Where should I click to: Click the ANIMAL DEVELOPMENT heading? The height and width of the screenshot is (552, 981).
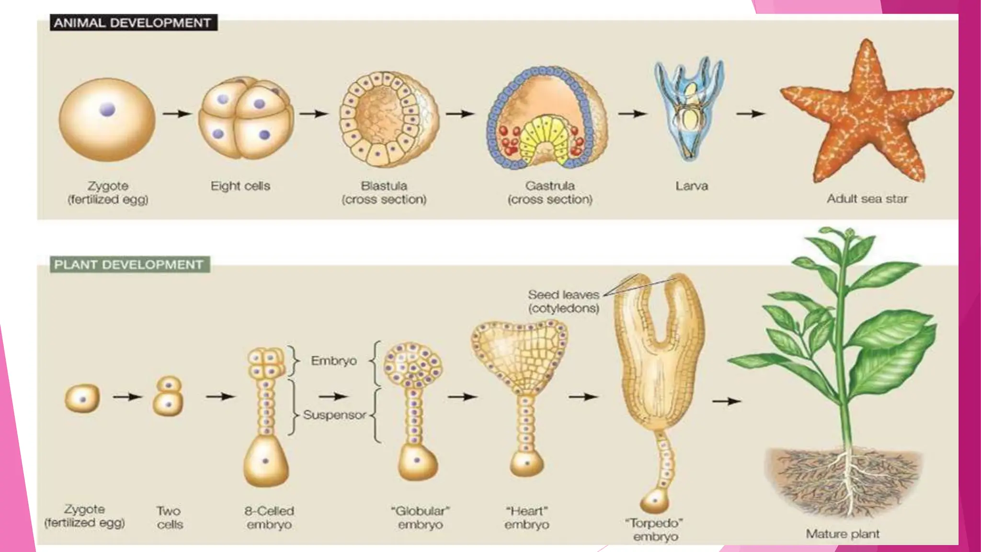point(133,23)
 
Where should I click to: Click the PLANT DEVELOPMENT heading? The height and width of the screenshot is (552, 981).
point(128,264)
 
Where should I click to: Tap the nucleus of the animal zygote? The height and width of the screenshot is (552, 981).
point(107,110)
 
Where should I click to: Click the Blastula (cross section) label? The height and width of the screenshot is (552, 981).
point(384,193)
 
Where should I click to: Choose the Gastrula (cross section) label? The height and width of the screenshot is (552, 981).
point(550,193)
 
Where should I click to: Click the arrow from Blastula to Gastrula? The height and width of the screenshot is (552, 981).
point(460,114)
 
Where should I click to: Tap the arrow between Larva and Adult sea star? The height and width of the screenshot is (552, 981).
point(751,114)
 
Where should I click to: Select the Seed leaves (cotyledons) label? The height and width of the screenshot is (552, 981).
point(564,301)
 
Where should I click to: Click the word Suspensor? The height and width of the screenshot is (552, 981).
point(334,415)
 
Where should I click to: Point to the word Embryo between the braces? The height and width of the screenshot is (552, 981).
point(334,360)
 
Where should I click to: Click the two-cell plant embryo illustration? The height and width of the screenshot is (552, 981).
point(168,396)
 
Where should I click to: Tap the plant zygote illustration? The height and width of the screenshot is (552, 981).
point(82,398)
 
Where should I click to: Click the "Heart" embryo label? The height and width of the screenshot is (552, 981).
point(526,518)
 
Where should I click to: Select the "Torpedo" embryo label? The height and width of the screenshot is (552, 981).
point(655,529)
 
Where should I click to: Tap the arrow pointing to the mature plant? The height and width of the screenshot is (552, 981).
point(727,401)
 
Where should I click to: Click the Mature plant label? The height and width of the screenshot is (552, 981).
point(843,534)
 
